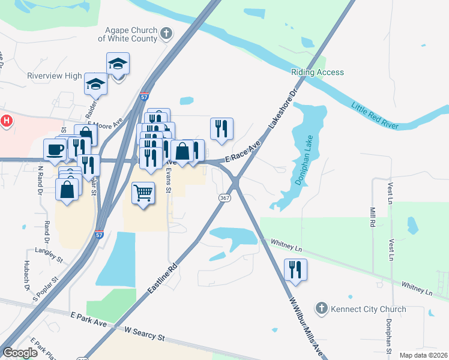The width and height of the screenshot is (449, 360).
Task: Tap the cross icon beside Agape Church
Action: pos(166,34)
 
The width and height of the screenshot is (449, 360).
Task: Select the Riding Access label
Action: pos(318,72)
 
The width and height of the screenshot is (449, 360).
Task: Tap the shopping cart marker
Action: pos(143,193)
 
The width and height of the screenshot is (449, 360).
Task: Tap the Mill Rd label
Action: pos(373,217)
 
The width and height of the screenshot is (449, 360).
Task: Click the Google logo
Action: pos(20,353)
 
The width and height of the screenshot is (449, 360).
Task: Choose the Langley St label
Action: pos(49,254)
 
